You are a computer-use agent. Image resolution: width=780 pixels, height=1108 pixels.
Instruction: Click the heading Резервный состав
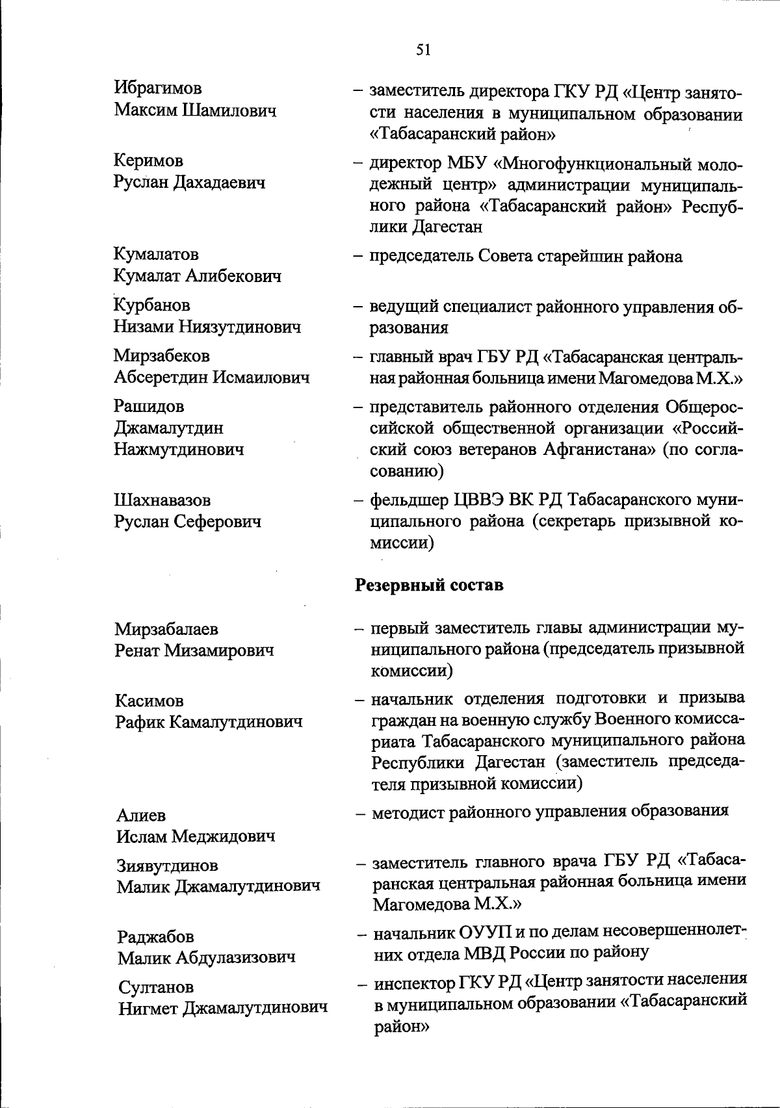coord(429,585)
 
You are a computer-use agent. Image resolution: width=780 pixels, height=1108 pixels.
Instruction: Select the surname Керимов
coord(149,161)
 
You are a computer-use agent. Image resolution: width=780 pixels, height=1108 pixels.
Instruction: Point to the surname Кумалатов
coord(157,254)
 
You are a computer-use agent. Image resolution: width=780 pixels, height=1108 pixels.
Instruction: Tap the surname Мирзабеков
coord(162,355)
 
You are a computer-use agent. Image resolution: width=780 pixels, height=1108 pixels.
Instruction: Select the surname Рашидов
coord(149,406)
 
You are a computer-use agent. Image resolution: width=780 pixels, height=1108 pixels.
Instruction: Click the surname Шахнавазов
coord(162,500)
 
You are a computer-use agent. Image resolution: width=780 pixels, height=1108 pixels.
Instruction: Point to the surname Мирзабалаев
coord(166,629)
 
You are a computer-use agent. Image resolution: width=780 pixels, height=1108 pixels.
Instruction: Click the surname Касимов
coord(149,701)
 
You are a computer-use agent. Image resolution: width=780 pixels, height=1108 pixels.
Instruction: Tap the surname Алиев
coord(141,815)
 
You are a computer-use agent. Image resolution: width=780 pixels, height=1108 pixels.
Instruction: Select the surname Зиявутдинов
coord(168,866)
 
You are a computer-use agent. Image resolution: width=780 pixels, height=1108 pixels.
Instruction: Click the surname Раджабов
coord(155,937)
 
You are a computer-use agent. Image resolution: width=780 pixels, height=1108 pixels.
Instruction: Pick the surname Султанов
coord(156,988)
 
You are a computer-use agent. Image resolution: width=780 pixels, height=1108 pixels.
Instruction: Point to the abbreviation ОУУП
coord(486,933)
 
